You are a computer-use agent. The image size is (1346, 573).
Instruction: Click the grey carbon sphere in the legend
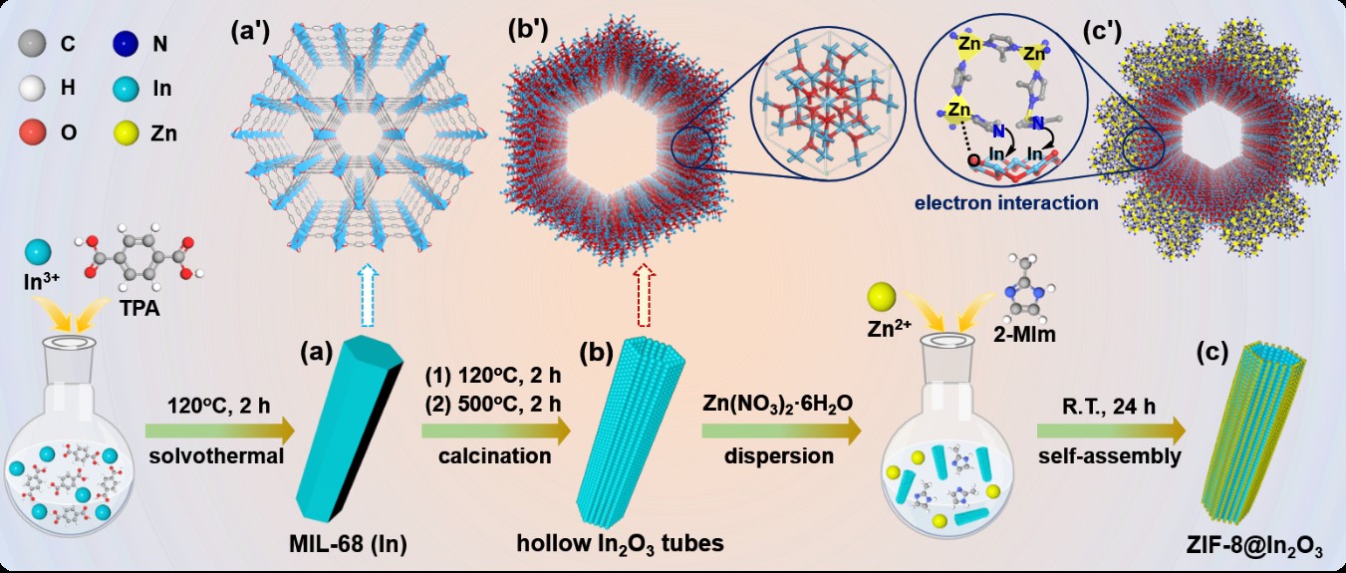point(34,44)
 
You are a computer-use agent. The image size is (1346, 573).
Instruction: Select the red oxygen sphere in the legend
point(34,132)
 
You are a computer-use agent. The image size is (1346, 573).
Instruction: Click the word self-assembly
point(1108,455)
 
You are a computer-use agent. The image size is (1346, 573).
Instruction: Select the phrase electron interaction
point(1007,203)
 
